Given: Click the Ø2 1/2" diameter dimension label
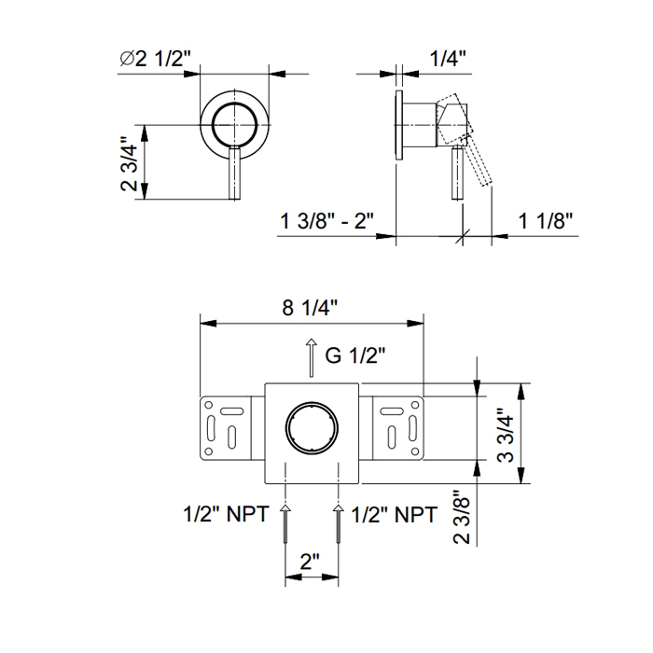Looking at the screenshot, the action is pyautogui.click(x=156, y=58).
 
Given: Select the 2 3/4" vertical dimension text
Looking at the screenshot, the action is pyautogui.click(x=129, y=162).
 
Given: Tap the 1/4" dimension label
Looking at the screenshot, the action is pyautogui.click(x=448, y=58).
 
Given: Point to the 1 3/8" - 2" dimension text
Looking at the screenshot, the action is pyautogui.click(x=326, y=220).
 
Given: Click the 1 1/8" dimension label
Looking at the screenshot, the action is pyautogui.click(x=546, y=220).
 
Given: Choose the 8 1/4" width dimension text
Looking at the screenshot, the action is pyautogui.click(x=310, y=308).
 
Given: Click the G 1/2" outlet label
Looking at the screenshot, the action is pyautogui.click(x=355, y=355).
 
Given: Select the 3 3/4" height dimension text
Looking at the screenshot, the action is pyautogui.click(x=506, y=435).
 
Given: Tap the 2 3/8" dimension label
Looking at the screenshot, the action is pyautogui.click(x=462, y=517).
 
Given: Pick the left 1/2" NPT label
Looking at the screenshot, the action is pyautogui.click(x=226, y=514).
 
